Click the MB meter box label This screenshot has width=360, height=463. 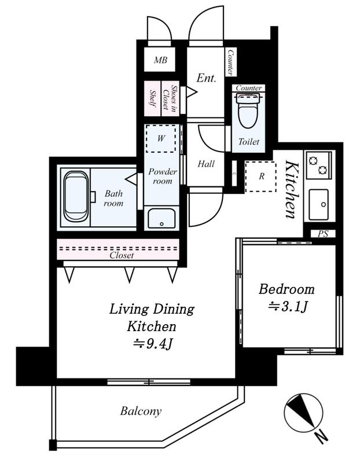[160, 60]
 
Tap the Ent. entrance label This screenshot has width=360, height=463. [206, 78]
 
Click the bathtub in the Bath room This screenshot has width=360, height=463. [76, 196]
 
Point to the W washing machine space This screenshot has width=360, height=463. [161, 138]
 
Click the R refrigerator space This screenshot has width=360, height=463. [261, 177]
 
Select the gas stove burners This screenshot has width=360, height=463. [318, 166]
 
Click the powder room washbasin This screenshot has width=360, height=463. [161, 219]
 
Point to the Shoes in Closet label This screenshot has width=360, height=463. [170, 98]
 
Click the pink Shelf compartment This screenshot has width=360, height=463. [153, 98]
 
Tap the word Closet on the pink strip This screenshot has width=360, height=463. [122, 255]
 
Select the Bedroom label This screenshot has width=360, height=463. [286, 289]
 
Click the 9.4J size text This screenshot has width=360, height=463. [153, 344]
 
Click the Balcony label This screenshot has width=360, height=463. [141, 411]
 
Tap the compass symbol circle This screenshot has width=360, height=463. [303, 413]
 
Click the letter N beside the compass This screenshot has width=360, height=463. [321, 437]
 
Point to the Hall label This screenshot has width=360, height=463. [206, 164]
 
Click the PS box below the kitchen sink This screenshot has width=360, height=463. [323, 234]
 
